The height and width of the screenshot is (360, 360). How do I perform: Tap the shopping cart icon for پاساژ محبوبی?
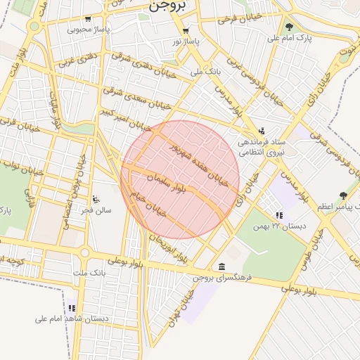click(x=88, y=19)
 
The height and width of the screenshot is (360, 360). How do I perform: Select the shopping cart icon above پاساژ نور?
click(x=186, y=30)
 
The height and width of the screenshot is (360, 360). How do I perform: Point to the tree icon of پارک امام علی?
click(x=289, y=27)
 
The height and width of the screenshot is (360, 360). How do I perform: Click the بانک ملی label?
click(x=206, y=72)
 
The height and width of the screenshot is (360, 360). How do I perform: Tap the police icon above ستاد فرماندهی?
click(x=262, y=130)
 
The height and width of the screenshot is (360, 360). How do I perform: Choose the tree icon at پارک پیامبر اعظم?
click(x=343, y=195)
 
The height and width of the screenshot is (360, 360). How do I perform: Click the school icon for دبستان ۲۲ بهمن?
click(x=279, y=215)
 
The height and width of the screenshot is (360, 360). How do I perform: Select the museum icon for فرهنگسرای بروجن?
click(x=222, y=266)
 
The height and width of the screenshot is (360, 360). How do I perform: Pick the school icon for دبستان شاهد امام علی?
click(x=72, y=308)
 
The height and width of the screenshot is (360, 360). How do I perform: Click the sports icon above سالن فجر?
click(x=96, y=198)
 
